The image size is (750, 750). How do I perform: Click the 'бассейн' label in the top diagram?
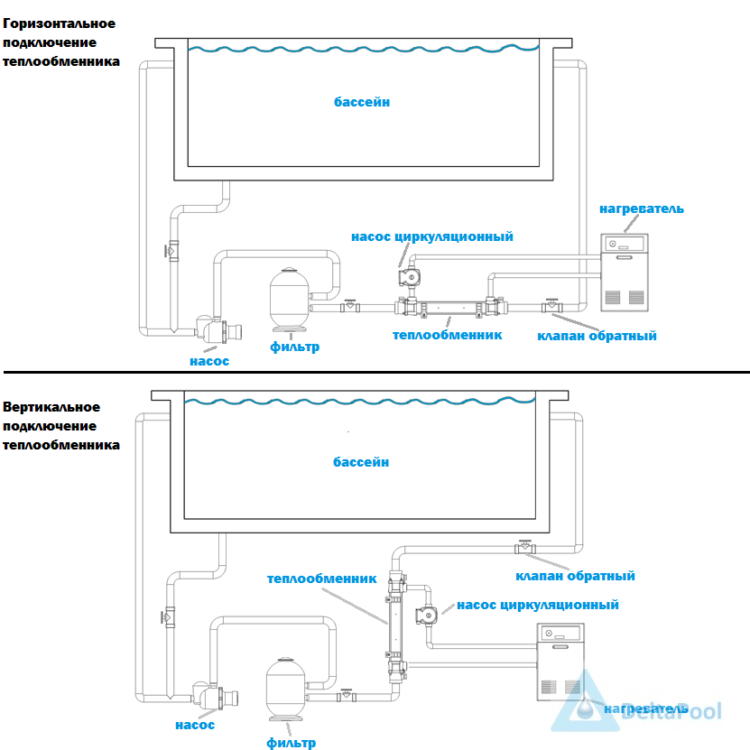[x=362, y=102]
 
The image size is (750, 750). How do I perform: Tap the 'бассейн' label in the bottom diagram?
[x=361, y=462]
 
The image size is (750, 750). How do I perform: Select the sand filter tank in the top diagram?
[x=290, y=299]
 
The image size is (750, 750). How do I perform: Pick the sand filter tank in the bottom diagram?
[x=285, y=689]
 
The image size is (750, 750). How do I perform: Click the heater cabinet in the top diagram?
[x=625, y=273]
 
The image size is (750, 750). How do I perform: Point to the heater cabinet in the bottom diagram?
[x=560, y=662]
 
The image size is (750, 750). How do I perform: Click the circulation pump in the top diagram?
[x=410, y=277]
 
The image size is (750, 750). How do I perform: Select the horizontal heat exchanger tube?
[x=450, y=307]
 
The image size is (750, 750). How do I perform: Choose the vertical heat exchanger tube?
[x=395, y=626]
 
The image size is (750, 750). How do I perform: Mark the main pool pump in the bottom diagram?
[x=215, y=696]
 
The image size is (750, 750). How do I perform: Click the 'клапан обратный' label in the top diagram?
[x=597, y=336]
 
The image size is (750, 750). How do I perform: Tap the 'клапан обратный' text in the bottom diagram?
[x=575, y=576]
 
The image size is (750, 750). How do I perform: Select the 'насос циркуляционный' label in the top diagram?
[x=432, y=236]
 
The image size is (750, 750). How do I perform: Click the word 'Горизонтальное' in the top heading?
[x=59, y=23]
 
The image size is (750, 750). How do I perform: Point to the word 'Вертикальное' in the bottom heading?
[x=51, y=407]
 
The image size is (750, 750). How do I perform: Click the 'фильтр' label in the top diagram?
[x=294, y=347]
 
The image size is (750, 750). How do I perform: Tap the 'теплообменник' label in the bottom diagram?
[x=321, y=579]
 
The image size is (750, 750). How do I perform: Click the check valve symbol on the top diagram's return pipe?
[x=552, y=306]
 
